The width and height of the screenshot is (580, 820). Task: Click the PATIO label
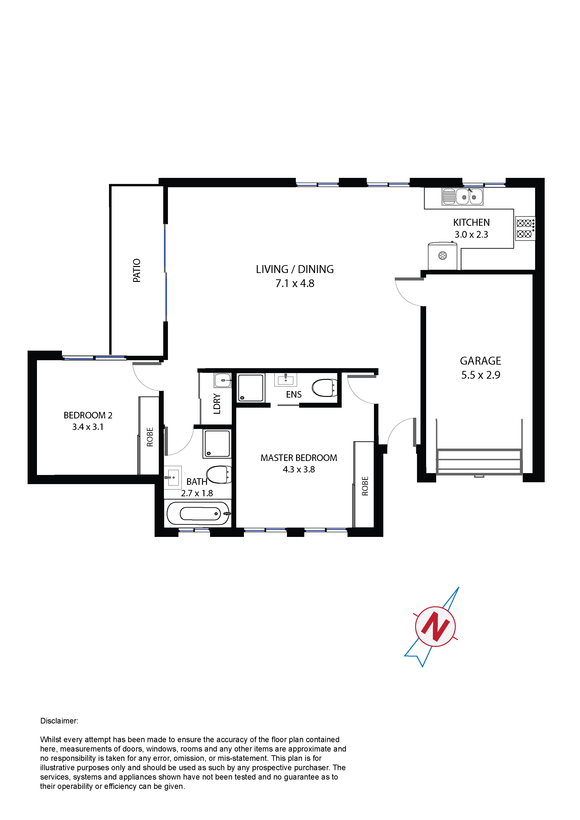tap(137, 270)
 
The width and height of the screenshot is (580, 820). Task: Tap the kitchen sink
tap(462, 196)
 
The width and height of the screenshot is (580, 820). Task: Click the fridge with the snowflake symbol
tap(442, 256)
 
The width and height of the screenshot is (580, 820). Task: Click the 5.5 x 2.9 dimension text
tap(481, 375)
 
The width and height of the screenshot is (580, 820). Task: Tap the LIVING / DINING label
tap(295, 269)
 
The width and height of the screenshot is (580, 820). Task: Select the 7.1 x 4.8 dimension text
tap(295, 283)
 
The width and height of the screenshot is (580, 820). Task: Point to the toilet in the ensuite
tap(324, 388)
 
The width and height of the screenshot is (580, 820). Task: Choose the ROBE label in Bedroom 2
tap(150, 437)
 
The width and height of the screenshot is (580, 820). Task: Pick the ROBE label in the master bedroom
tap(365, 486)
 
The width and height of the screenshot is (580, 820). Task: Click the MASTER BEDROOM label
tap(299, 458)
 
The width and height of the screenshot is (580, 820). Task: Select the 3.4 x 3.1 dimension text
tap(88, 427)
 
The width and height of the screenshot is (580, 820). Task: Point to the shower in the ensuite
tap(251, 388)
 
